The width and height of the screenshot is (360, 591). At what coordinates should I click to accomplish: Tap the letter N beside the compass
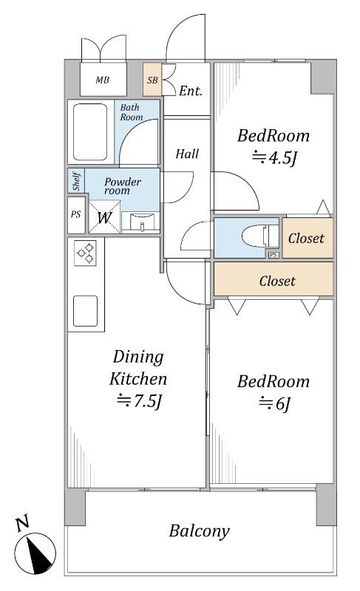click(23, 524)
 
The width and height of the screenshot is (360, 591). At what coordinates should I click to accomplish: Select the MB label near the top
click(102, 80)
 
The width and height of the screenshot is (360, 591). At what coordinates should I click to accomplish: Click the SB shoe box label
click(152, 81)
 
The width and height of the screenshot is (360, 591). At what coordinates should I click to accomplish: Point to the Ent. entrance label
click(191, 91)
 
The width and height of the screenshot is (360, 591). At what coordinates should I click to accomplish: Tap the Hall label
click(187, 154)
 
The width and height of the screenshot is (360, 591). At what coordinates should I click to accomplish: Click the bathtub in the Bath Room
click(90, 132)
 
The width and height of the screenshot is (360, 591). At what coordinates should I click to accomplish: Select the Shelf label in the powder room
click(77, 181)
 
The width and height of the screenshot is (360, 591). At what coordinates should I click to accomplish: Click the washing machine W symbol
click(105, 217)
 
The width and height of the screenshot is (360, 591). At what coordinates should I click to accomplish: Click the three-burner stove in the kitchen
click(85, 253)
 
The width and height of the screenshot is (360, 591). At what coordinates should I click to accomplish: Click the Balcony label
click(199, 531)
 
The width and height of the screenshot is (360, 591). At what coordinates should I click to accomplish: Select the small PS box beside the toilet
click(274, 255)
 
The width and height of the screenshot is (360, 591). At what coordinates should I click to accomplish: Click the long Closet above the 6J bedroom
click(274, 279)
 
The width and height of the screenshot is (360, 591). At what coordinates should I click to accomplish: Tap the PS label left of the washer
click(75, 214)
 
